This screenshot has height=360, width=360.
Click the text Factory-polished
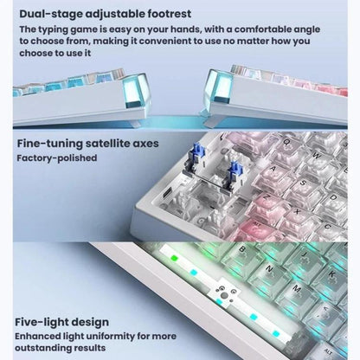click(57, 158)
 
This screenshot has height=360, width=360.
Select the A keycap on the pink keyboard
click(273, 170)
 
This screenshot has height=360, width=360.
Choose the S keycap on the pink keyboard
click(303, 184)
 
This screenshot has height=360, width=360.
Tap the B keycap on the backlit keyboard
click(241, 251)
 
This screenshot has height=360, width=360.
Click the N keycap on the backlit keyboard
click(270, 270)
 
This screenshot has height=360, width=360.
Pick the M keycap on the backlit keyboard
click(297, 288)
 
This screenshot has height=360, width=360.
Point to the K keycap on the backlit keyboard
click(331, 274)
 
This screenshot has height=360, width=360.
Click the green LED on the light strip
click(174, 258)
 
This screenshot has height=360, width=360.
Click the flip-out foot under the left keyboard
click(137, 123)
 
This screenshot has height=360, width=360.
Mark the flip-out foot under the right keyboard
click(209, 120)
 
